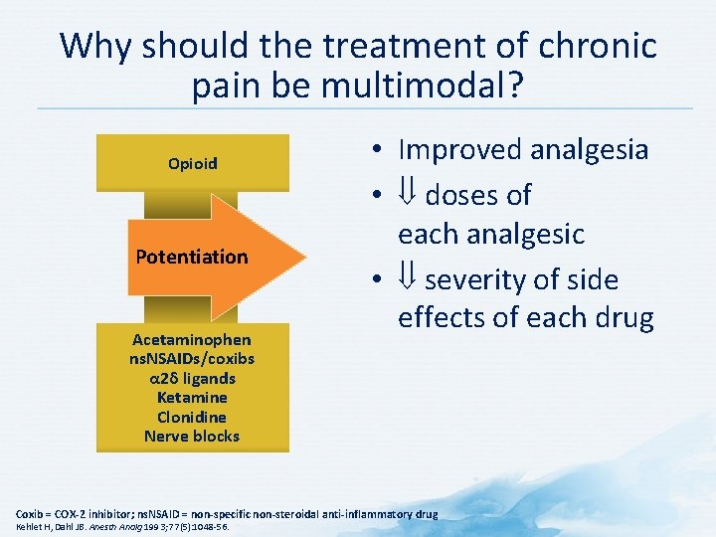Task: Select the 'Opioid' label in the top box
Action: (193, 163)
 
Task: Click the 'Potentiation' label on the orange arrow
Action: (192, 257)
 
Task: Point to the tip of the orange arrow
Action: (303, 257)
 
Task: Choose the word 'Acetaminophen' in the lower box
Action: (192, 340)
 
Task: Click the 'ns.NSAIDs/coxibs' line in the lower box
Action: (192, 359)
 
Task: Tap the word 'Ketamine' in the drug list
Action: (192, 398)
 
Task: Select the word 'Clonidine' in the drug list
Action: (192, 417)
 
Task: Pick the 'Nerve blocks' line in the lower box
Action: (192, 436)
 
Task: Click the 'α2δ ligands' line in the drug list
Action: (192, 379)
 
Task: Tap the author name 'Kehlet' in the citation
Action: (27, 527)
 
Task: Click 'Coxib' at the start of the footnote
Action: (30, 513)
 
